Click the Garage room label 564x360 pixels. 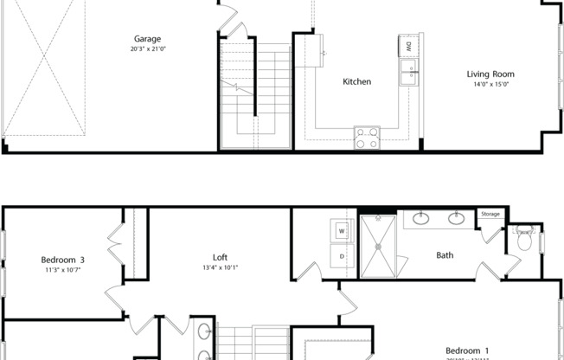click(146, 39)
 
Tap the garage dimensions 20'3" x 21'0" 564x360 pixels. click(146, 49)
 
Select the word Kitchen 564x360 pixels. click(356, 81)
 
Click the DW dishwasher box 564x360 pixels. click(407, 46)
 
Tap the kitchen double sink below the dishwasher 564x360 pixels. click(407, 74)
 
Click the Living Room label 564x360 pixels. click(491, 74)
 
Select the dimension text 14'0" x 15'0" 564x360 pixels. click(491, 85)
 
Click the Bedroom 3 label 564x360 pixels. click(63, 259)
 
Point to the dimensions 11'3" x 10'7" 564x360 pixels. click(63, 269)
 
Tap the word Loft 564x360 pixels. click(221, 257)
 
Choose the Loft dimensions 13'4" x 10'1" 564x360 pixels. click(221, 267)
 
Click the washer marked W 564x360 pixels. click(341, 231)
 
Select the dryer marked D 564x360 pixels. click(341, 255)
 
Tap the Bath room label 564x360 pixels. click(445, 255)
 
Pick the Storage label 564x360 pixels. click(491, 214)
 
